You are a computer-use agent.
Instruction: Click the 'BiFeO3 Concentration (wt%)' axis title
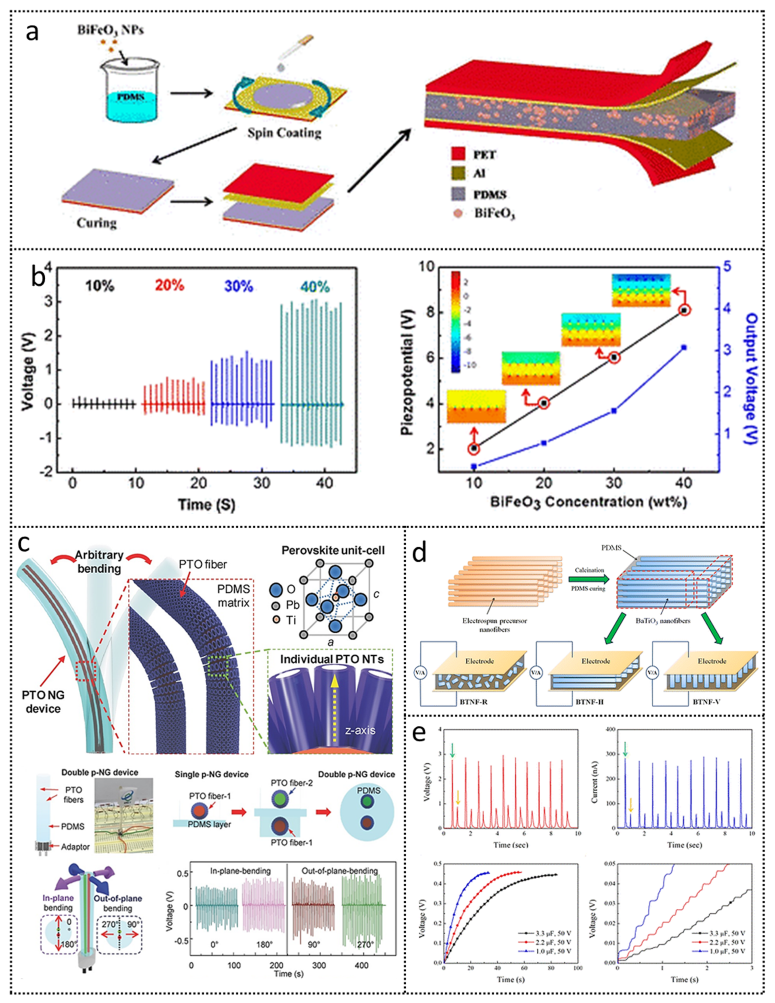(589, 501)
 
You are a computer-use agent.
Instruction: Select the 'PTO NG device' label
(43, 702)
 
